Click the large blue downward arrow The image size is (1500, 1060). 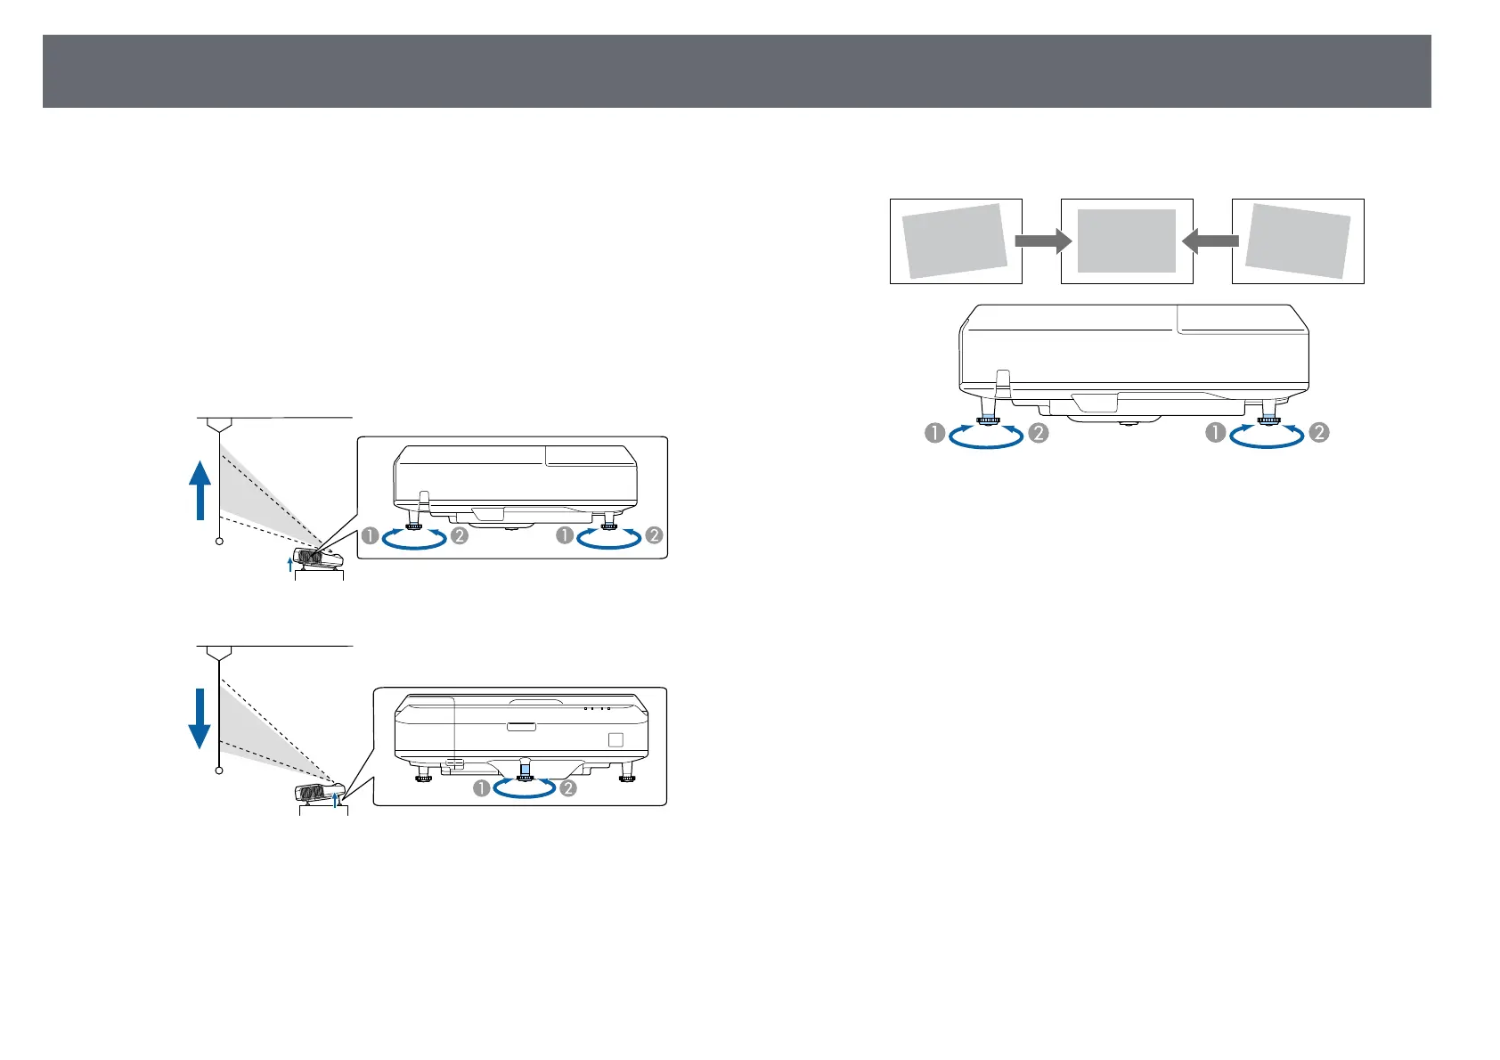click(200, 718)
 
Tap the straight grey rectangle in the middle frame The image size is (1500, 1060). click(1127, 241)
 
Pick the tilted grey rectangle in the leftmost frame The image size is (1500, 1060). click(955, 241)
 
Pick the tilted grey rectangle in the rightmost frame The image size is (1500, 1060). click(1298, 241)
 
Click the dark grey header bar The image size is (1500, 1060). click(737, 71)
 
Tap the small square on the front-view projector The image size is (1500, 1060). click(615, 739)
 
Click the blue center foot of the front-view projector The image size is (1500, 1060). click(525, 767)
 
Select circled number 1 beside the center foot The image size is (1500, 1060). click(482, 788)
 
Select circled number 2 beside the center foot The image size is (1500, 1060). click(567, 788)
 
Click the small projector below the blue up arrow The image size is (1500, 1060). click(321, 558)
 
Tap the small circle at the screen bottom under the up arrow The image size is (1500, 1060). click(219, 542)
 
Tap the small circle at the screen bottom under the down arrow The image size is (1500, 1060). click(219, 771)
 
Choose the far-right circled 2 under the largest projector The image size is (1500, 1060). click(1319, 433)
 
